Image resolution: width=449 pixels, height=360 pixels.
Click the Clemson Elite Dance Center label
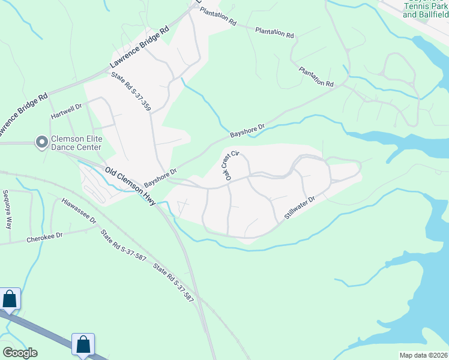point(77,143)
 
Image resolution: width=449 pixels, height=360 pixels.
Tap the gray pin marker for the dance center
point(42,142)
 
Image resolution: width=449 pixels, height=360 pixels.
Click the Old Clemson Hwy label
point(130,187)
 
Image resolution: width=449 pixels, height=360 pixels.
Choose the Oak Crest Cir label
point(229,166)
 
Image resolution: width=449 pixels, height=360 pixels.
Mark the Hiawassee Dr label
point(79,211)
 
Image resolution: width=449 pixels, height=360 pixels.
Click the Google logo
point(20,353)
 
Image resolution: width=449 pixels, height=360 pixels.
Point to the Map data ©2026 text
point(423,355)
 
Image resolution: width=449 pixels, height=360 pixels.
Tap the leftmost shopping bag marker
point(10,298)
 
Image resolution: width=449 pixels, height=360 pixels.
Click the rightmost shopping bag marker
point(83,344)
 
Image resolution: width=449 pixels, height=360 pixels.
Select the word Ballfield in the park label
point(430,14)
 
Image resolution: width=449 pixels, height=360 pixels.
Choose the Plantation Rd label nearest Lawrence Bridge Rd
point(218,16)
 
